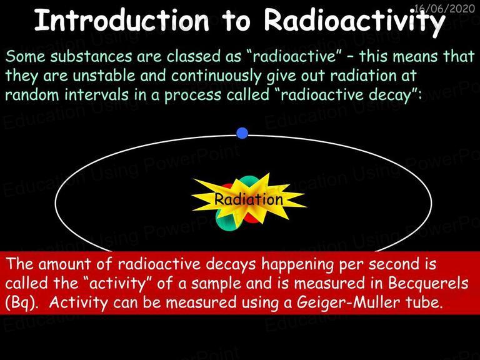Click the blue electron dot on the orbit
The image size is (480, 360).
click(242, 133)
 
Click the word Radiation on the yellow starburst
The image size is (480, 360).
click(248, 199)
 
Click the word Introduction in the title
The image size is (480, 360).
click(121, 20)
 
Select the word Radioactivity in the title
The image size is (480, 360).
click(354, 21)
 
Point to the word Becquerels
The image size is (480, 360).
click(428, 283)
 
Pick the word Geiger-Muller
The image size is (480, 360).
click(348, 302)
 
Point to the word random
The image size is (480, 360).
click(32, 94)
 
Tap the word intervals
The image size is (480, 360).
click(96, 94)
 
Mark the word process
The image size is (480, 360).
click(192, 96)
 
